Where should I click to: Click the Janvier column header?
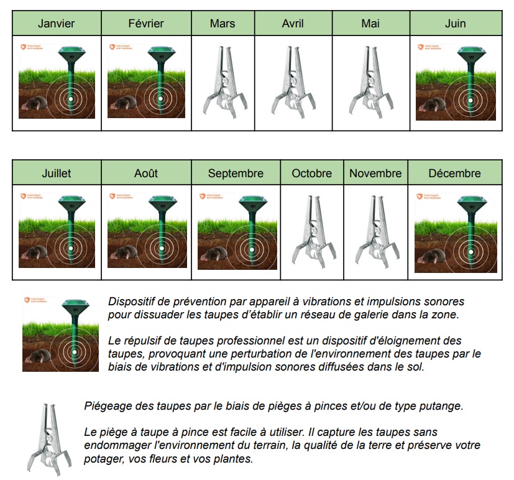(x=57, y=24)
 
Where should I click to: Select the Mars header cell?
(x=223, y=24)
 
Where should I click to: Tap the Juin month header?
(x=455, y=24)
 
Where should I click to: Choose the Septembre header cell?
(x=236, y=173)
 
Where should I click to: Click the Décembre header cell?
(x=454, y=173)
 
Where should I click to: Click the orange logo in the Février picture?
(x=111, y=46)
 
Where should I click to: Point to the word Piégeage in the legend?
(x=105, y=407)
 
